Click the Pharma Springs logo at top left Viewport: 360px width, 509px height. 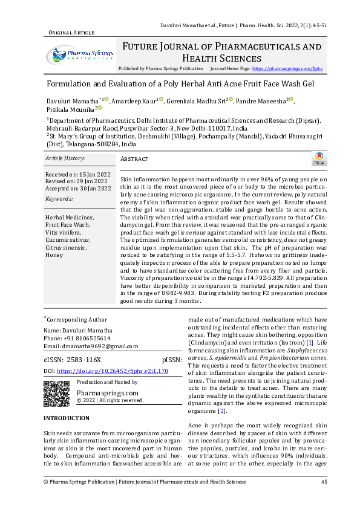pyautogui.click(x=79, y=55)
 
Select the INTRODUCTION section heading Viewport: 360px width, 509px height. pyautogui.click(x=67, y=418)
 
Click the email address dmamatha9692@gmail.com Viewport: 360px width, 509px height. pyautogui.click(x=91, y=346)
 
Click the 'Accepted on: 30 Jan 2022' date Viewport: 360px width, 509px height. pyautogui.click(x=78, y=189)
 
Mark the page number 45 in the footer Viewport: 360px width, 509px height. pyautogui.click(x=324, y=481)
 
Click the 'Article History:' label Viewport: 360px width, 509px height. pyautogui.click(x=65, y=158)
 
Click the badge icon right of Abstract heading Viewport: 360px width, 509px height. pyautogui.click(x=319, y=158)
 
